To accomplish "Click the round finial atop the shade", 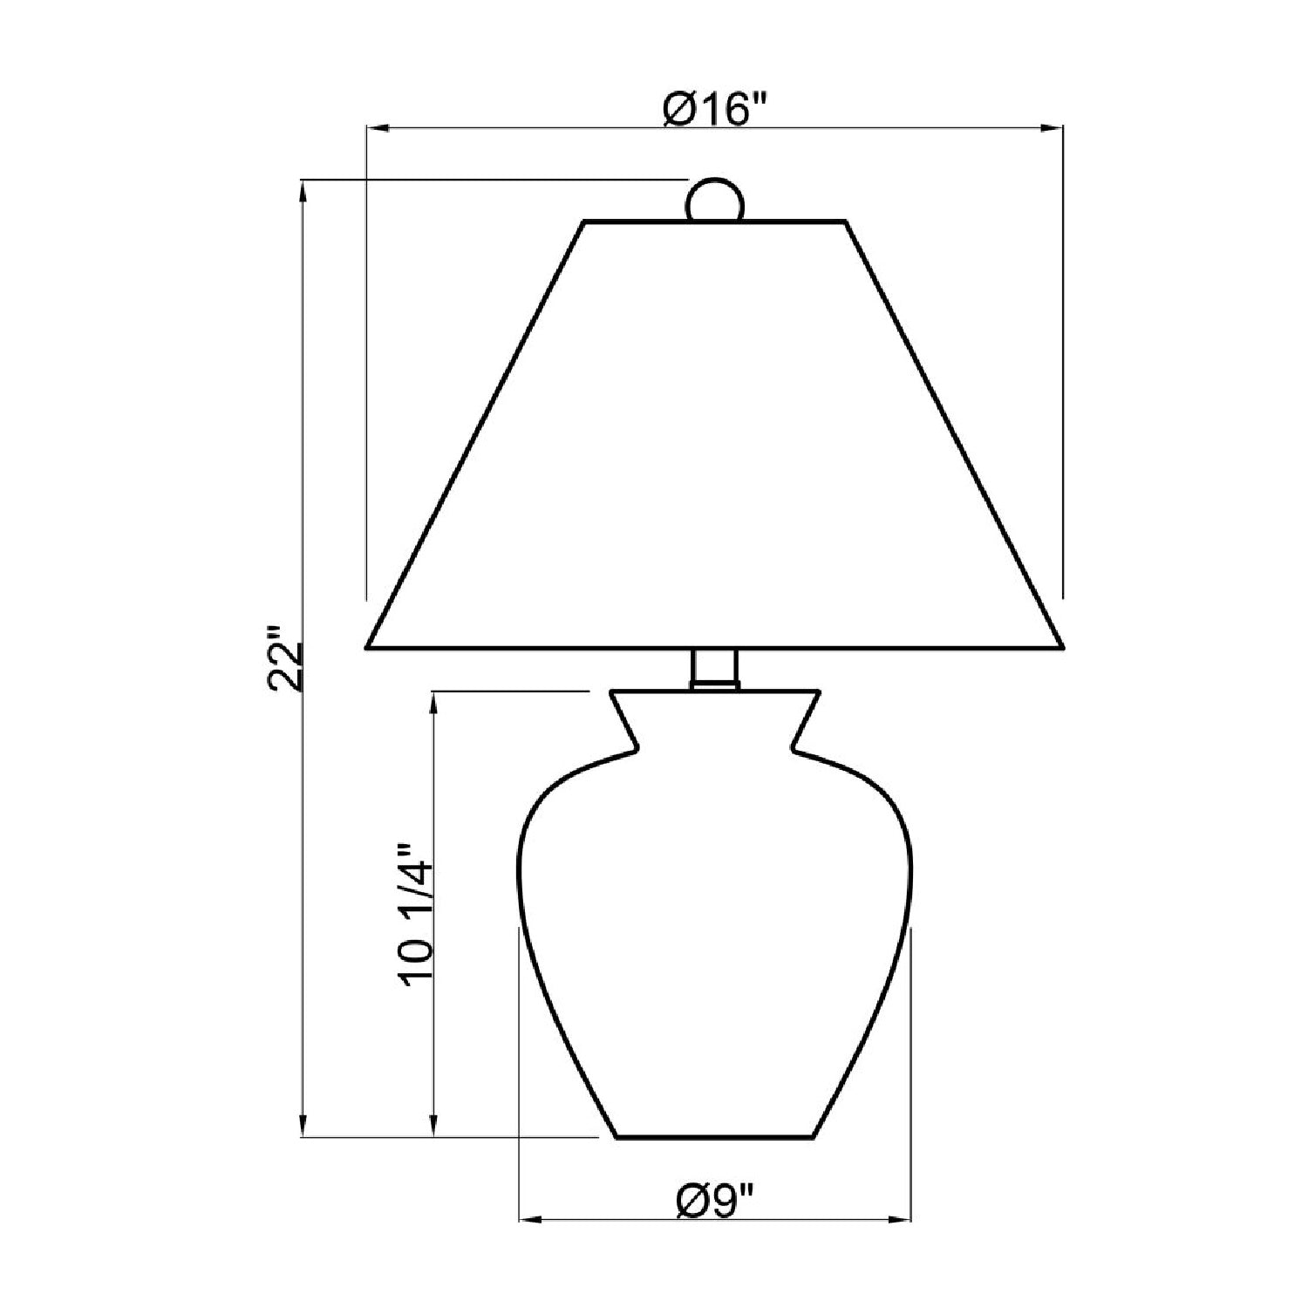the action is (715, 201).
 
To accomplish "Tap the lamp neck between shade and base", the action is (715, 669).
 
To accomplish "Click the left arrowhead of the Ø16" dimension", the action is (377, 129).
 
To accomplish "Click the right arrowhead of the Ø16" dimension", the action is (1053, 129).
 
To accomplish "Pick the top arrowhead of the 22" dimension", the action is (303, 191).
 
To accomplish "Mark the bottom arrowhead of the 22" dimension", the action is (303, 1126).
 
